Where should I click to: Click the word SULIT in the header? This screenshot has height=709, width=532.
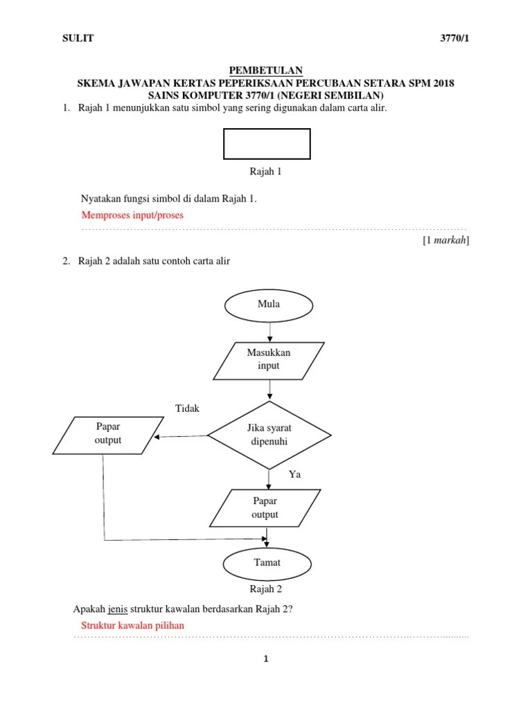(x=78, y=38)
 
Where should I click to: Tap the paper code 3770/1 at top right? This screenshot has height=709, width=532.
(x=455, y=38)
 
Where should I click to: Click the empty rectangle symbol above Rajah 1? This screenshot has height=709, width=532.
(x=267, y=144)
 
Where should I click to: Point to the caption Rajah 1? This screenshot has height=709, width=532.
(x=266, y=172)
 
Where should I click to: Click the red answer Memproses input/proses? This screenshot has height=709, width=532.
(x=132, y=215)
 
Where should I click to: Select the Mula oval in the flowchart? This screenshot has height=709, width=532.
(x=268, y=304)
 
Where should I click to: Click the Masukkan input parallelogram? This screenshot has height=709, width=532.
(x=269, y=359)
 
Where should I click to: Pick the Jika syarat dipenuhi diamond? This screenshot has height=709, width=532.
(x=269, y=435)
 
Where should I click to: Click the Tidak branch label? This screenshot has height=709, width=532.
(x=188, y=409)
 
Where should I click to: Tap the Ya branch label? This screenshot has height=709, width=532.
(x=295, y=474)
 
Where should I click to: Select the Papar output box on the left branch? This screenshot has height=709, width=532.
(x=108, y=434)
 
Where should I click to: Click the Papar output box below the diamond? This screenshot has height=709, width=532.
(x=266, y=508)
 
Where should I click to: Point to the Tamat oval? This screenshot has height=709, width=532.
(x=267, y=563)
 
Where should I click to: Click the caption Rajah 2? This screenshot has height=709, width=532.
(x=266, y=590)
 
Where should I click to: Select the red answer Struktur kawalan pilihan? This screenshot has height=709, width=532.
(x=132, y=625)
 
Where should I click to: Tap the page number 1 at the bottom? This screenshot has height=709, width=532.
(x=265, y=659)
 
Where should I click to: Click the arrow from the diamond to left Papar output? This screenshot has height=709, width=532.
(x=181, y=437)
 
